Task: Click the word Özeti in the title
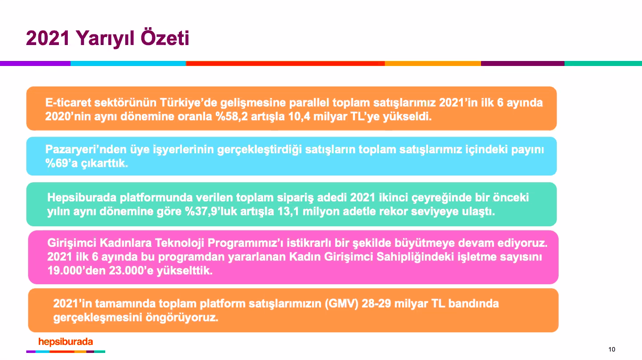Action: tap(165, 37)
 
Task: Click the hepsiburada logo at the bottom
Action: tap(66, 342)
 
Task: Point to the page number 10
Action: tap(612, 349)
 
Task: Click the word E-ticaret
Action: tap(68, 102)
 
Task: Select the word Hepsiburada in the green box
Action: tap(82, 198)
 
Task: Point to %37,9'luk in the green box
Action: tap(211, 211)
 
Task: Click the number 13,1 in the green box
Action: tap(288, 211)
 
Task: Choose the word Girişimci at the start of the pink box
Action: tap(72, 243)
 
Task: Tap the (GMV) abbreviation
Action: tap(342, 303)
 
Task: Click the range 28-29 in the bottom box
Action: tap(376, 303)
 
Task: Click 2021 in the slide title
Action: tap(48, 37)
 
